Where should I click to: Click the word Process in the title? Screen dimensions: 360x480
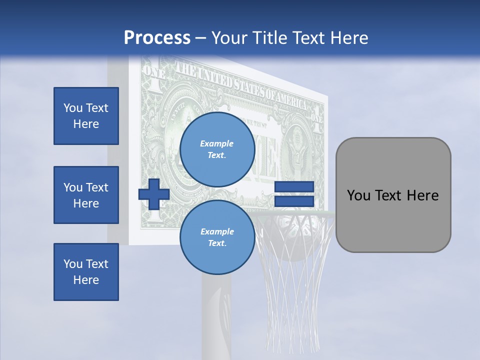pos(157,38)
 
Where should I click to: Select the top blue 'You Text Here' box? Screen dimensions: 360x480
pos(86,116)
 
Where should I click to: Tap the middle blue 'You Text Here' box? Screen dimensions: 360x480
pos(86,195)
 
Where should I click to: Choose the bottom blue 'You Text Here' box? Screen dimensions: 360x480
pos(86,272)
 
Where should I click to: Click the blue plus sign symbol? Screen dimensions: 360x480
pos(154,194)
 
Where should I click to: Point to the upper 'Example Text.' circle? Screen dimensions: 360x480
pos(217,149)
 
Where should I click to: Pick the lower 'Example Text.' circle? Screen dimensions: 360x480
pos(217,237)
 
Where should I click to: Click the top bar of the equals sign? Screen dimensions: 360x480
pos(294,187)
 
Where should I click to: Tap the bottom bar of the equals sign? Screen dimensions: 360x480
pos(294,201)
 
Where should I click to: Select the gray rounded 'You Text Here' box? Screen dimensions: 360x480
pos(393,195)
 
